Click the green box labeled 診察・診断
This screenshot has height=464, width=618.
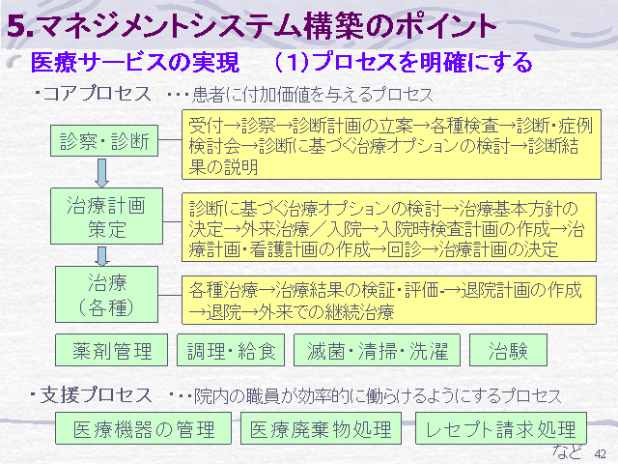coord(104,141)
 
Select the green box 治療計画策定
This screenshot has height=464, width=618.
coord(106,216)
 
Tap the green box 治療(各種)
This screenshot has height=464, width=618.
coord(106,294)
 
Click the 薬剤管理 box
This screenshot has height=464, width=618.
coord(112,350)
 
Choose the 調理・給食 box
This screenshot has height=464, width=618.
coord(231,350)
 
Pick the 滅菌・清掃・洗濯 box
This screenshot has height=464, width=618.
coord(377,350)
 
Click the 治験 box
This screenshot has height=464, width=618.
coord(508,350)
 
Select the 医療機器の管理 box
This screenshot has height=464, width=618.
coord(143,428)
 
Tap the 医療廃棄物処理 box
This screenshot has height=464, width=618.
coord(321,428)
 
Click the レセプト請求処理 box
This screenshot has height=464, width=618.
coord(501,428)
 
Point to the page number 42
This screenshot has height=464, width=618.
coord(600,454)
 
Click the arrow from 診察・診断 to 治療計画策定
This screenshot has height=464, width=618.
coord(101,173)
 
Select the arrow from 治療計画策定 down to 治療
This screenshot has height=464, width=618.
coord(101,256)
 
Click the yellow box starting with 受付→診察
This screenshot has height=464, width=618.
coord(391,144)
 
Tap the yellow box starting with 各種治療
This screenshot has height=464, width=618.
coord(388,301)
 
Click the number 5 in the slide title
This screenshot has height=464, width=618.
coord(16,26)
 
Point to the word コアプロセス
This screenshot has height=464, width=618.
coord(97,94)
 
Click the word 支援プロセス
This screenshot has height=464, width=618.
coord(96,395)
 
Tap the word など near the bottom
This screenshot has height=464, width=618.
coord(567,452)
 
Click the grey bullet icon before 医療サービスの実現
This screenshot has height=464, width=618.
coord(14,61)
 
